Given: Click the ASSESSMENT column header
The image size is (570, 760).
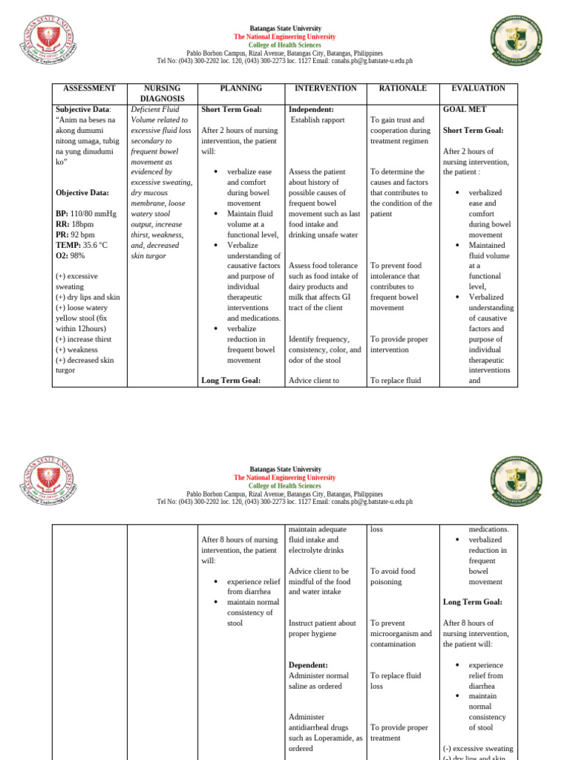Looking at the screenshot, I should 89,88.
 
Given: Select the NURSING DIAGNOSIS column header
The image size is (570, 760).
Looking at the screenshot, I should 162,94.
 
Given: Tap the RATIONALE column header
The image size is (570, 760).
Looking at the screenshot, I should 403,88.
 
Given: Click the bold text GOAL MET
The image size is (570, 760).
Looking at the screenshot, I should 465,109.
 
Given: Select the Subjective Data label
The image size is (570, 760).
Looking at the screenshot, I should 82,109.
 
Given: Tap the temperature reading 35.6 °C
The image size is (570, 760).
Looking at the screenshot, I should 95,245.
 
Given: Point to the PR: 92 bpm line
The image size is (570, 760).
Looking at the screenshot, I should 76,235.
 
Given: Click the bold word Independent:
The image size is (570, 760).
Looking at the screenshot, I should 312,109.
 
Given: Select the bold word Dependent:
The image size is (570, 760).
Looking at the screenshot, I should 309,666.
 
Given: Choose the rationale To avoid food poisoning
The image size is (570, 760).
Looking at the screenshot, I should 393,577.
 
